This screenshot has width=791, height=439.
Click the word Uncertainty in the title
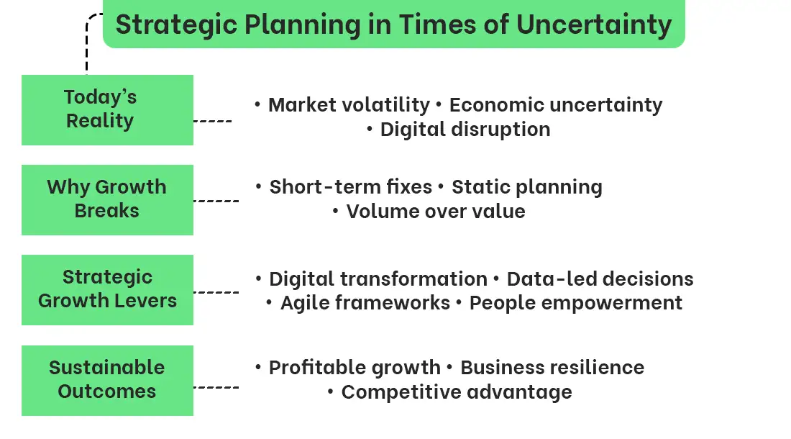[594, 25]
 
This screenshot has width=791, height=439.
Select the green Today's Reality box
[107, 110]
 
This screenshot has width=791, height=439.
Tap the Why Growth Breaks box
[107, 200]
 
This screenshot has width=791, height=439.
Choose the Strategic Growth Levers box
[107, 289]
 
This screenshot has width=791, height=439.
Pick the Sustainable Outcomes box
[107, 381]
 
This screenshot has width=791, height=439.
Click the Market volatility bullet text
[349, 105]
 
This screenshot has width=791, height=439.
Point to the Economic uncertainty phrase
[556, 105]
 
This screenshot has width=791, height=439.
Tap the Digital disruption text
[465, 130]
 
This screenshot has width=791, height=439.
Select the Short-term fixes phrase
[351, 186]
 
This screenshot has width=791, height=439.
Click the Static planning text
[527, 187]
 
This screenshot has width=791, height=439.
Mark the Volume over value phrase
[436, 212]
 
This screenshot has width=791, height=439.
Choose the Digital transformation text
[378, 279]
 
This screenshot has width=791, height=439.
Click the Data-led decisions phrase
[600, 279]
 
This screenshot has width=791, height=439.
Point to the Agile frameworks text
[365, 303]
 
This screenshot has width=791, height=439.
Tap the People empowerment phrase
[575, 303]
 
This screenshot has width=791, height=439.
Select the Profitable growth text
[355, 368]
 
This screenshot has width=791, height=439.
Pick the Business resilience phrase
[552, 367]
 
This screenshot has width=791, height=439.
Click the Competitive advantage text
[457, 392]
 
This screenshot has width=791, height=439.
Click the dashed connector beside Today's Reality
[212, 121]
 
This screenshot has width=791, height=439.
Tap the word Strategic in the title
[177, 25]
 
